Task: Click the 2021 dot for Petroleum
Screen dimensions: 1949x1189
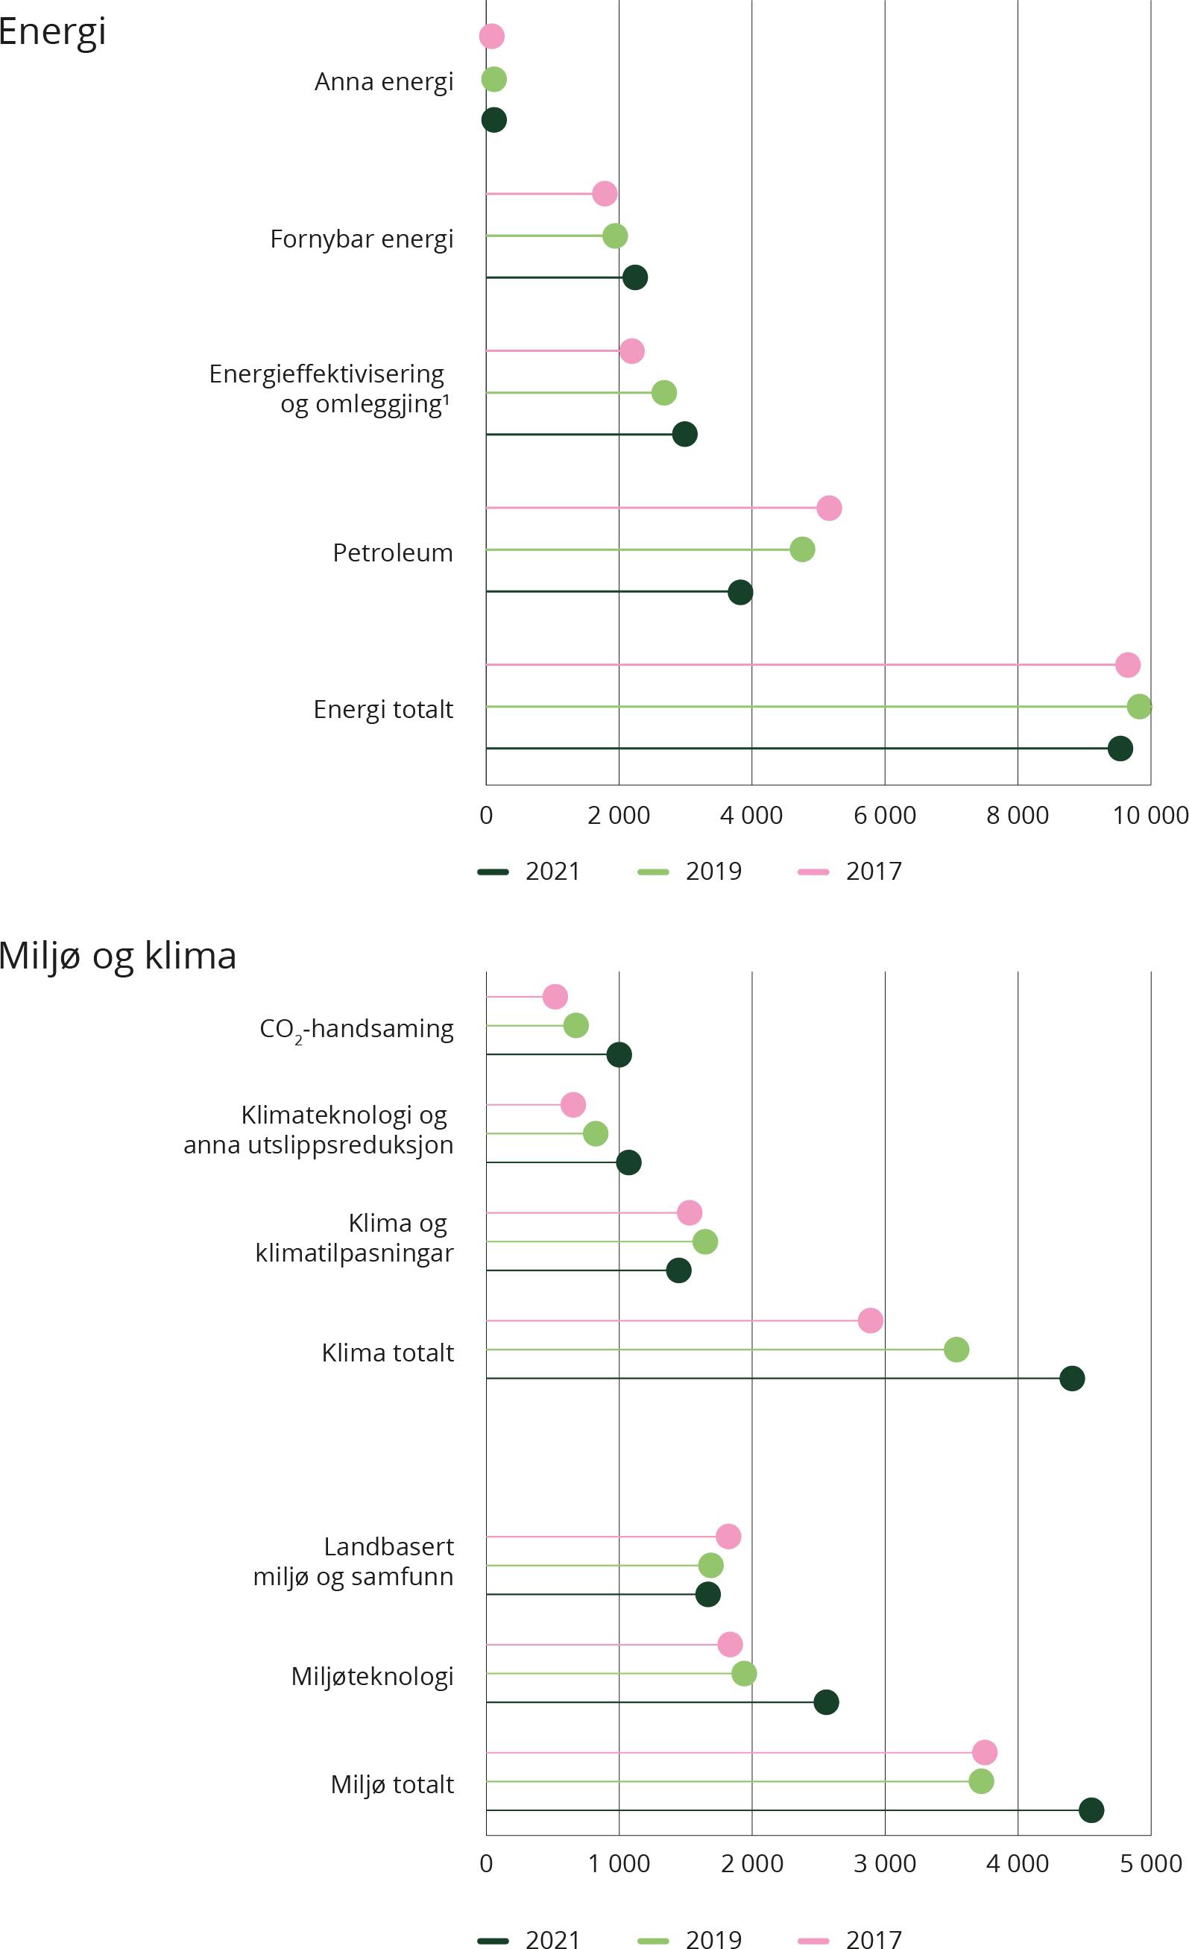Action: (739, 592)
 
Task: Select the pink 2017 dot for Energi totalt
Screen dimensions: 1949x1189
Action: (1127, 664)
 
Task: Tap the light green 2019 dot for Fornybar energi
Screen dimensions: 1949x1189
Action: (615, 236)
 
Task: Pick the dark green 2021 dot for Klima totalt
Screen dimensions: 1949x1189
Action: (1071, 1378)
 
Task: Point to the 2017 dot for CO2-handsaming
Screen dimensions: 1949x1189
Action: (555, 997)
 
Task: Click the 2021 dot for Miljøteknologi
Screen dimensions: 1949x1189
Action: (826, 1702)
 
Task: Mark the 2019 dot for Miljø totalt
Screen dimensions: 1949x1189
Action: (981, 1781)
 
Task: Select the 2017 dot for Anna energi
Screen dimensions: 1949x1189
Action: (491, 36)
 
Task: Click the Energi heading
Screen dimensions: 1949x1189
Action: (52, 31)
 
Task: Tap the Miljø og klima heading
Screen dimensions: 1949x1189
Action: (118, 956)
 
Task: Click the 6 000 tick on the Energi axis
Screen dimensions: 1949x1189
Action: (884, 815)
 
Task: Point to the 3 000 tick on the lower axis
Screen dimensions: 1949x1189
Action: (884, 1863)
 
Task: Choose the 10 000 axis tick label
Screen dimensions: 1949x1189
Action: (1150, 815)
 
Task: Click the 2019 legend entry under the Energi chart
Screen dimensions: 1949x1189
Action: (690, 871)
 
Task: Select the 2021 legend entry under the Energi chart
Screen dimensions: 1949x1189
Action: (529, 871)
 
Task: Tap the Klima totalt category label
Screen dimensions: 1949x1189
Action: (388, 1353)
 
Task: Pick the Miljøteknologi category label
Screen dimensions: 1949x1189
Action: (372, 1676)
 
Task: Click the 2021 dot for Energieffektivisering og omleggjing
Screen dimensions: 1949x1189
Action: (684, 434)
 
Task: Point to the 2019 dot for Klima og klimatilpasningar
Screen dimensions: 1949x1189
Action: (705, 1242)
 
